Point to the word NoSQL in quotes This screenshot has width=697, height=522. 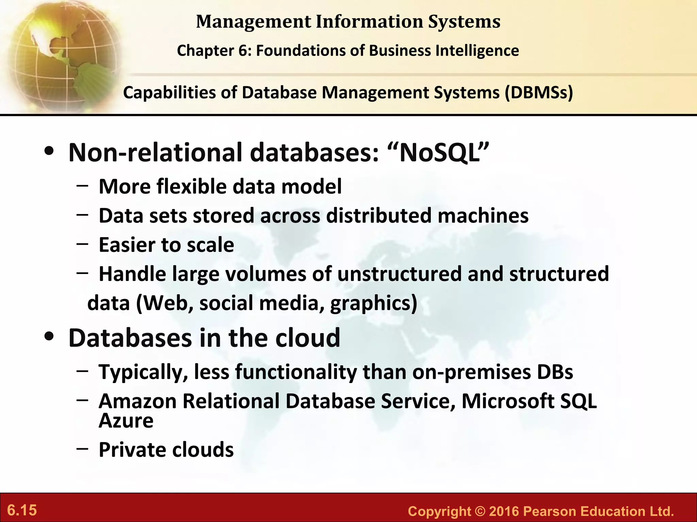[444, 153]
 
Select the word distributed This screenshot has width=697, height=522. [379, 215]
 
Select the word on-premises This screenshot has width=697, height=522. [471, 372]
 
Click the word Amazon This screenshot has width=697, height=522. [137, 401]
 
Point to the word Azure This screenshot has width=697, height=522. [126, 421]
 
